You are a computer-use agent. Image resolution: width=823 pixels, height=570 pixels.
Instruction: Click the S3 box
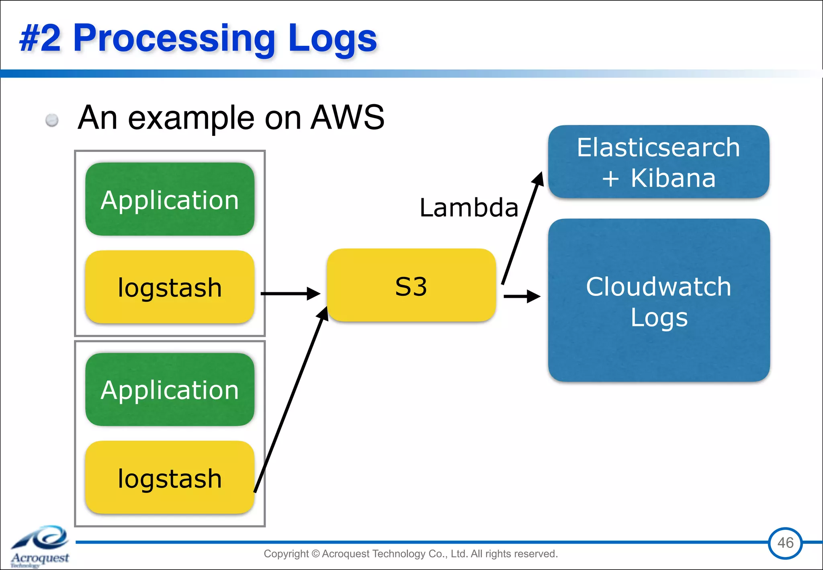click(411, 285)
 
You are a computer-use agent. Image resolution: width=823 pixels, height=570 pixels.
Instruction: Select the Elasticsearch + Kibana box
click(658, 162)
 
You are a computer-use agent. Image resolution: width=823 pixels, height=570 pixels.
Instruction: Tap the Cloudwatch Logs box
click(658, 300)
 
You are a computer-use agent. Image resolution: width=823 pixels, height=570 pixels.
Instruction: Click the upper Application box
click(170, 199)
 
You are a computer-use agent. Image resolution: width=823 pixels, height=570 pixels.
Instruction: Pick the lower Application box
click(170, 390)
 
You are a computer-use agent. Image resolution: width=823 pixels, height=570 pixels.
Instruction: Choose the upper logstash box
click(170, 287)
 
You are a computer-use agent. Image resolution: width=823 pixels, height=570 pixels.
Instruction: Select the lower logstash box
click(170, 478)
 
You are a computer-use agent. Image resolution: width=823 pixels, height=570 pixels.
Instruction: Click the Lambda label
click(469, 208)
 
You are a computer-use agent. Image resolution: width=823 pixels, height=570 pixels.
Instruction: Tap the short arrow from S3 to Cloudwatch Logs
click(522, 297)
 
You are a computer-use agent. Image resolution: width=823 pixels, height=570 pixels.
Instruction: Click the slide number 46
click(785, 543)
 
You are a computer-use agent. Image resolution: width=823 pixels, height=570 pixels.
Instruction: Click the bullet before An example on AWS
click(52, 120)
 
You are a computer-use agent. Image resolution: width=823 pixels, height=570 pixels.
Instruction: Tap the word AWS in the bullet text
click(348, 117)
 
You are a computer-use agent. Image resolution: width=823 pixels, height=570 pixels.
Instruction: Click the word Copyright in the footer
click(286, 554)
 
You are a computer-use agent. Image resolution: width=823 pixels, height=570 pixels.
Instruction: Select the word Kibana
click(673, 178)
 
